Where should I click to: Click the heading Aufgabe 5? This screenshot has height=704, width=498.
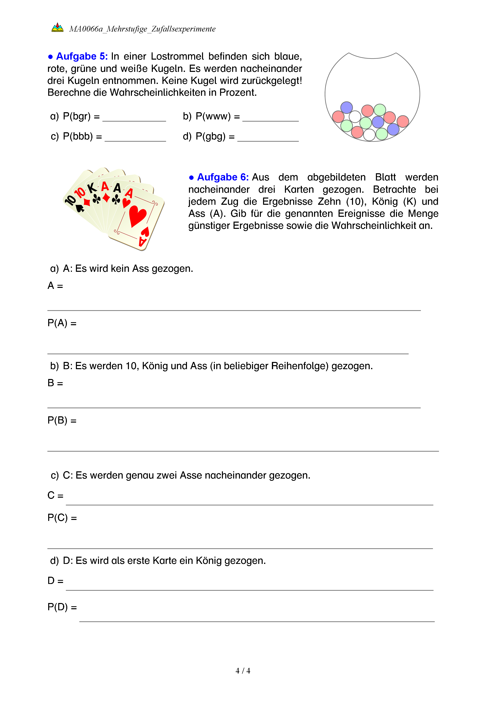82,56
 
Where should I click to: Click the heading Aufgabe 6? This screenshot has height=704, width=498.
222,177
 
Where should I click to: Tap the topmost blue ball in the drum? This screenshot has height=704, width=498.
347,108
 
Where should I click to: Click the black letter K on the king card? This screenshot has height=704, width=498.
92,188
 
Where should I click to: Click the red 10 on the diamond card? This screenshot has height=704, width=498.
80,193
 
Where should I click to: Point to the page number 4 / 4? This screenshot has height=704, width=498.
243,671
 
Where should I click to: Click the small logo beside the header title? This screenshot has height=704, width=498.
57,28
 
